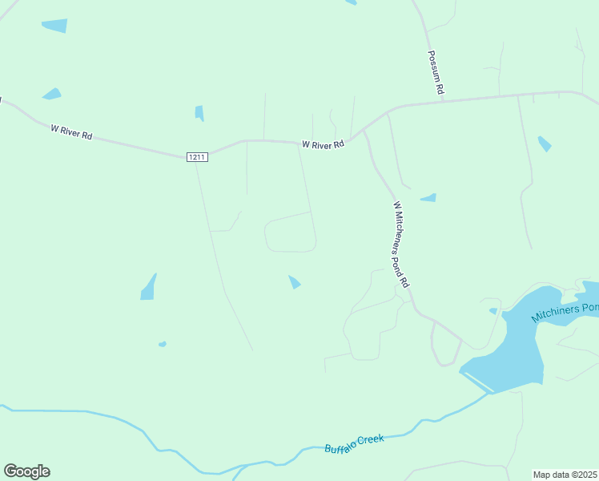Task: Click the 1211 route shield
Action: point(198,157)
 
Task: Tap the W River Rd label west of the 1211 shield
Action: point(71,131)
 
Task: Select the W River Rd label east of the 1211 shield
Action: point(323,144)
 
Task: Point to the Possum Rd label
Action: point(435,73)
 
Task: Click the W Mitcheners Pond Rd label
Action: point(400,244)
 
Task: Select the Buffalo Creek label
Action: point(355,443)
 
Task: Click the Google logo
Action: point(26,471)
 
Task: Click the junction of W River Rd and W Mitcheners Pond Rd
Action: point(364,131)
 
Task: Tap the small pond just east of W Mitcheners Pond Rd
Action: point(429,197)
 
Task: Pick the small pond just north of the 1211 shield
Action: point(199,113)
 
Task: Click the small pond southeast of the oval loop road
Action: point(295,281)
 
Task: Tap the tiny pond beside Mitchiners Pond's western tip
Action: point(493,310)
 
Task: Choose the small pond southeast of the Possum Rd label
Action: point(545,143)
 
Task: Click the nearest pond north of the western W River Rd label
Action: point(52,94)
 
